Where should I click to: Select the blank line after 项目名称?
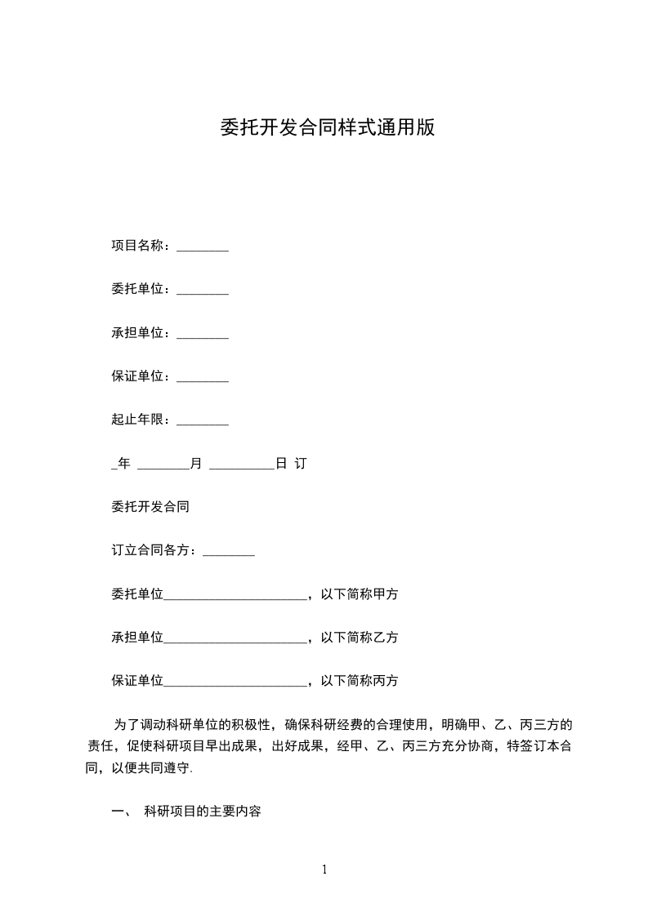[202, 248]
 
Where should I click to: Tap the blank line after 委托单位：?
[202, 291]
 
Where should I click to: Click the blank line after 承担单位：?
[202, 336]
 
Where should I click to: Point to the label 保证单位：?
[142, 376]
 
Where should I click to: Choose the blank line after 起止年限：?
[202, 422]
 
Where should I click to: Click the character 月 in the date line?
[196, 464]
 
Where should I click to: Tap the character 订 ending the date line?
[300, 464]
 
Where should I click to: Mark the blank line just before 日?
[241, 466]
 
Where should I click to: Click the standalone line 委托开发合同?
[150, 507]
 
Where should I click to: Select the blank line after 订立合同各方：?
[228, 554]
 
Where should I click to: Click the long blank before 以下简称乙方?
[235, 640]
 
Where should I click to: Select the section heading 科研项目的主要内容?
[202, 812]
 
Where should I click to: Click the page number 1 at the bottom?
[324, 869]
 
